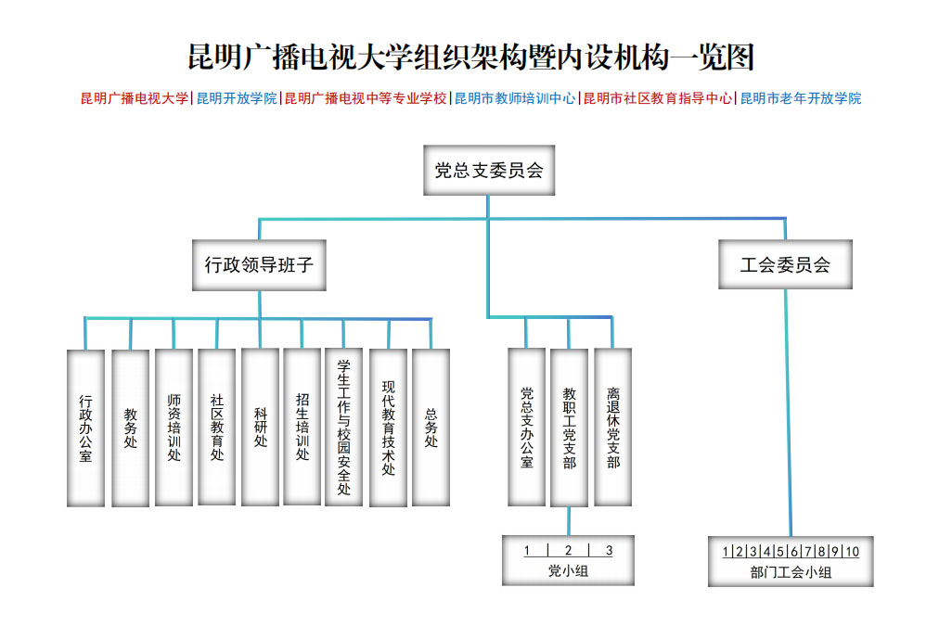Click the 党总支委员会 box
click(x=488, y=171)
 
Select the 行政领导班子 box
click(x=259, y=265)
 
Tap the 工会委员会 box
click(x=785, y=265)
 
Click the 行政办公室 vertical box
click(x=85, y=428)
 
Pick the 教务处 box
click(x=130, y=428)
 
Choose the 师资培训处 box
click(x=174, y=428)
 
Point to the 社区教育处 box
click(x=217, y=428)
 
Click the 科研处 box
click(x=260, y=428)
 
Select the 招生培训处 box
click(x=302, y=428)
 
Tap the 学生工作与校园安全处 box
click(x=343, y=428)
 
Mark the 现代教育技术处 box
click(x=388, y=428)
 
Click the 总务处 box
click(x=431, y=428)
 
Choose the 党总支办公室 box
click(x=526, y=428)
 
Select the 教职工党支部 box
click(x=569, y=428)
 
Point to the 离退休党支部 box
click(x=612, y=428)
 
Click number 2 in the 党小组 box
click(x=568, y=551)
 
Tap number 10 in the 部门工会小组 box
click(x=851, y=553)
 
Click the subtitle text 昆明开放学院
click(x=237, y=98)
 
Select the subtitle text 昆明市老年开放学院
click(x=801, y=98)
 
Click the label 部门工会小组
click(x=791, y=572)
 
